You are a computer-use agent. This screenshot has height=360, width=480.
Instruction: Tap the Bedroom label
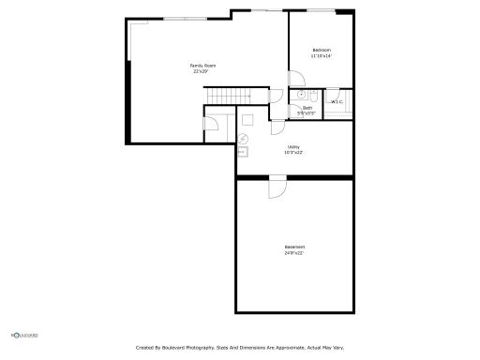click(x=322, y=50)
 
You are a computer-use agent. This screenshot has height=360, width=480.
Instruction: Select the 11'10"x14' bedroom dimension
click(x=322, y=56)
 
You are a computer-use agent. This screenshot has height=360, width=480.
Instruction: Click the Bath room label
click(x=307, y=108)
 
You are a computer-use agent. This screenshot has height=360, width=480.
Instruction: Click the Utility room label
click(x=293, y=147)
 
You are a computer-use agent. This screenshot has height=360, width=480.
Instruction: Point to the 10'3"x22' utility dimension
click(x=293, y=153)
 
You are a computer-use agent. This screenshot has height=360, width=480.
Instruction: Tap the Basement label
click(x=294, y=247)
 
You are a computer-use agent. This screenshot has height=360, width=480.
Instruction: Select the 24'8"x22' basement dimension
click(x=294, y=253)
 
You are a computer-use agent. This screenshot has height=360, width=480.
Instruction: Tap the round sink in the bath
click(x=301, y=95)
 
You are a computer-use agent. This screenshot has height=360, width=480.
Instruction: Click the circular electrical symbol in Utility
click(x=244, y=138)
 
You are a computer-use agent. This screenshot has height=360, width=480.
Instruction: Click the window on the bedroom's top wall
click(x=322, y=10)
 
